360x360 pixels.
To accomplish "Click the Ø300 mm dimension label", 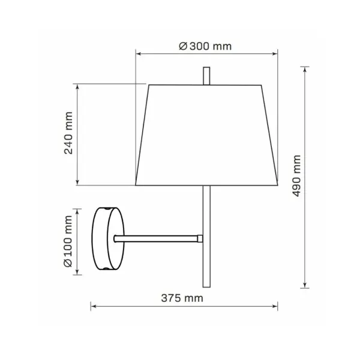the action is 205,46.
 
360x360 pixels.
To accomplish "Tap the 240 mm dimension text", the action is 68,133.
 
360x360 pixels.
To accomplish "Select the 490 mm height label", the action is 296,176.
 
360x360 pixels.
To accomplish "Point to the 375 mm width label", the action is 182,298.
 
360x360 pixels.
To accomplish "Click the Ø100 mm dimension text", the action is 68,241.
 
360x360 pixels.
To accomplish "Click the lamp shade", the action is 206,135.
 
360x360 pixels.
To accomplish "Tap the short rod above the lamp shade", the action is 206,76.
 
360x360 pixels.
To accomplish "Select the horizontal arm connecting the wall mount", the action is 156,239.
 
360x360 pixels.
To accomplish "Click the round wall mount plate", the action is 108,239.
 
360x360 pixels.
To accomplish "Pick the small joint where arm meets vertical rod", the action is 200,239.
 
